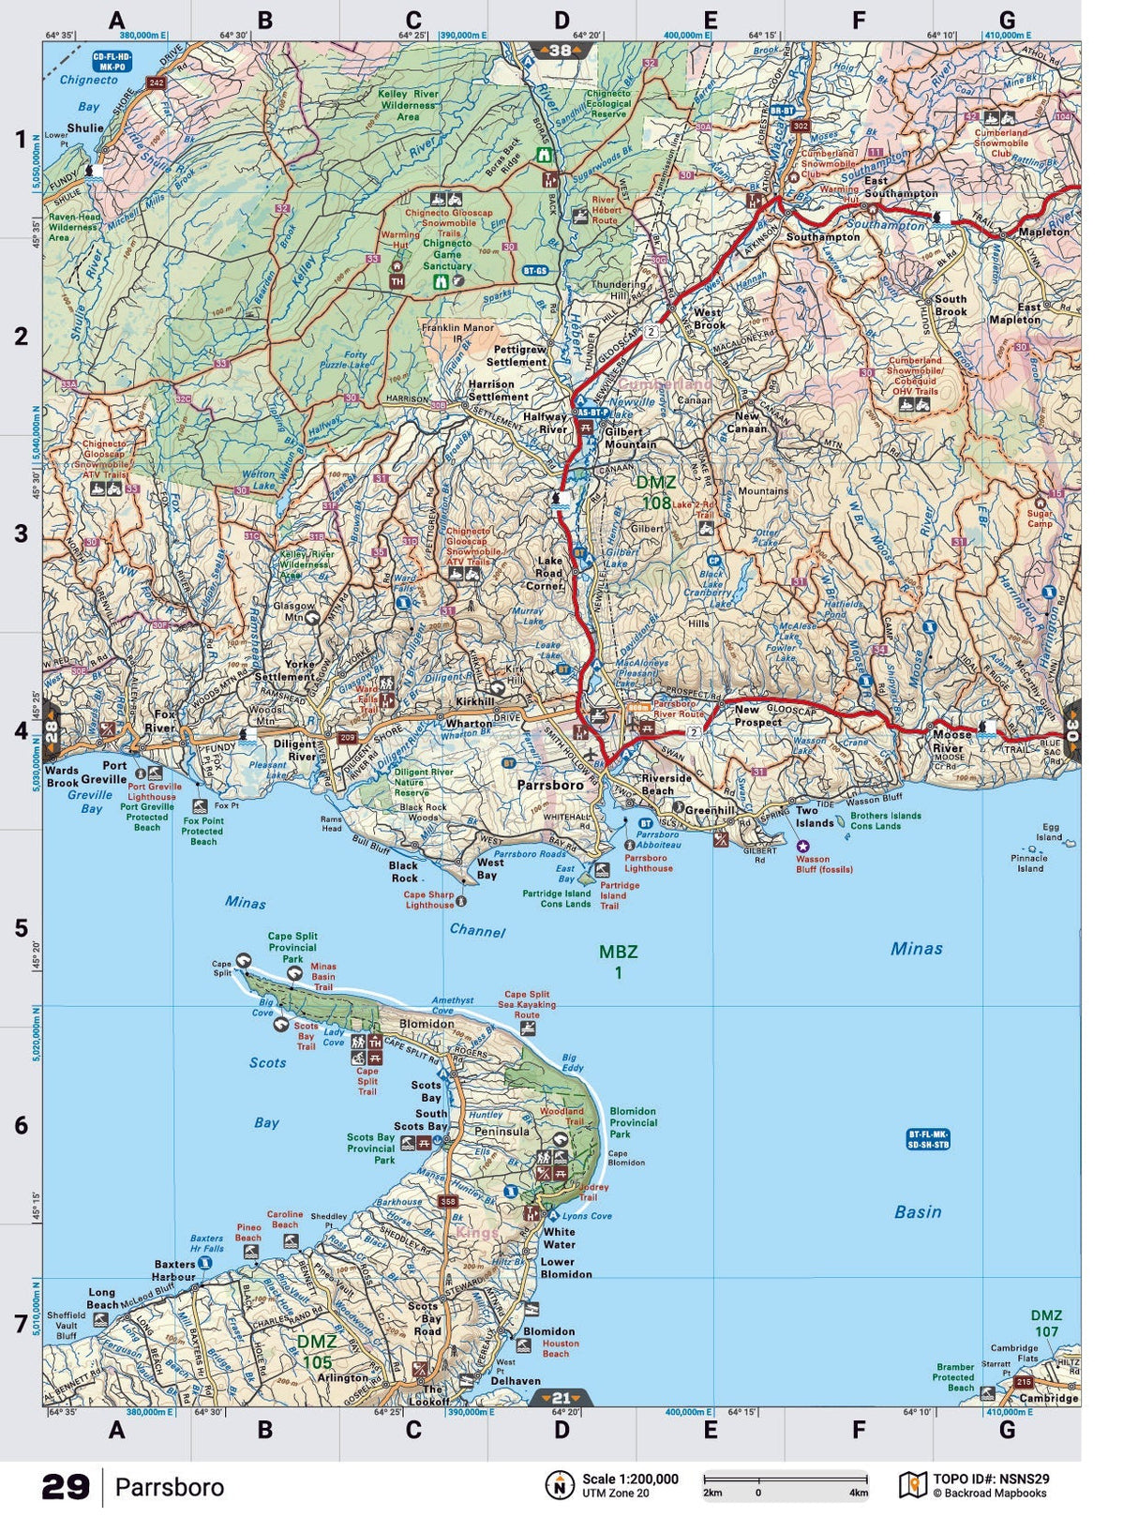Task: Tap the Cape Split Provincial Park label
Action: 292,947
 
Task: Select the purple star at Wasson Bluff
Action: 802,846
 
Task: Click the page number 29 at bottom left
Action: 66,1487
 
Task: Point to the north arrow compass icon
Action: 560,1485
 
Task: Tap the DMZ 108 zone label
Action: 655,493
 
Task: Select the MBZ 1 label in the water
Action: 618,961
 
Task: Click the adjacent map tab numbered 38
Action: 561,52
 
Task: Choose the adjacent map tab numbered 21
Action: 561,1398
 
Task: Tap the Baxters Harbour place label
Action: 174,1270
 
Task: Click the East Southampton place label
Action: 899,187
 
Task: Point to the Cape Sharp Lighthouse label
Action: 428,900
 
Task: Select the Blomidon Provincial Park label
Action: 633,1122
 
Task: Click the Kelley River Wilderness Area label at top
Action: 408,105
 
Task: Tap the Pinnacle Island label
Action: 1029,863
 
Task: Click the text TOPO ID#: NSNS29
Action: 990,1479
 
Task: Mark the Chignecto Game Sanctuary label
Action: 447,254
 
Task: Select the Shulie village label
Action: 85,128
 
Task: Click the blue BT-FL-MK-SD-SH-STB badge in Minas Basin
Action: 928,1139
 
